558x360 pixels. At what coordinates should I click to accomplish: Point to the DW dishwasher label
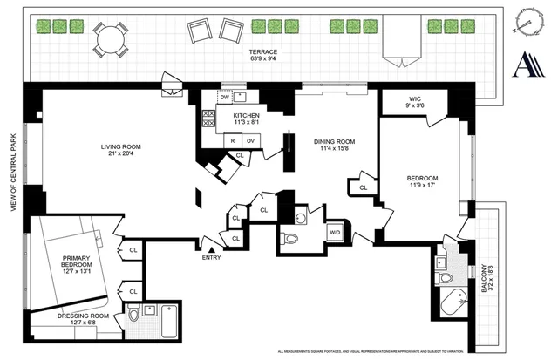click(x=225, y=98)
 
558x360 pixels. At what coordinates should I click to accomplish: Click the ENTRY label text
click(x=211, y=257)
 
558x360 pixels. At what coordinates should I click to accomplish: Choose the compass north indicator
click(x=527, y=21)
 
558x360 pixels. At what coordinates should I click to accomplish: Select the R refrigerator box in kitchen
click(x=234, y=140)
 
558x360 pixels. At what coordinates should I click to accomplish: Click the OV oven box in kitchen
click(x=250, y=140)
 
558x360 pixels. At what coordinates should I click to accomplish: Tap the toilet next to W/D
click(x=293, y=238)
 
